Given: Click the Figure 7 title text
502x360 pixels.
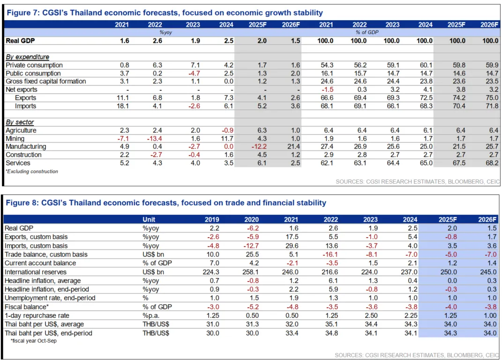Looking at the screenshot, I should click(x=165, y=13).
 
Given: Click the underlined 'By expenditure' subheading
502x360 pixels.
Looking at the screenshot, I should click(x=27, y=57).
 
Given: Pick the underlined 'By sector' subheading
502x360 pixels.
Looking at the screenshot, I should click(x=20, y=122).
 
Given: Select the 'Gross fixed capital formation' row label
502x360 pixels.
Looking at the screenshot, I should click(x=46, y=82).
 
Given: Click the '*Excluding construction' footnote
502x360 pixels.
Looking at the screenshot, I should click(x=32, y=172).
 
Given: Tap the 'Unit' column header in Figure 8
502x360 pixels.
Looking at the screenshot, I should click(x=149, y=219).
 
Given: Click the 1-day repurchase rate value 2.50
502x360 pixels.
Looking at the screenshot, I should click(x=371, y=315).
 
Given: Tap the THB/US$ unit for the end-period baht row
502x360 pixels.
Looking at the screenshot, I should click(x=156, y=333).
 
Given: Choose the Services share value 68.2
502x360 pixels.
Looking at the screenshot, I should click(x=490, y=163).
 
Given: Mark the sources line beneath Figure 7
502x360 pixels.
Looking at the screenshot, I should click(x=418, y=182).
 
